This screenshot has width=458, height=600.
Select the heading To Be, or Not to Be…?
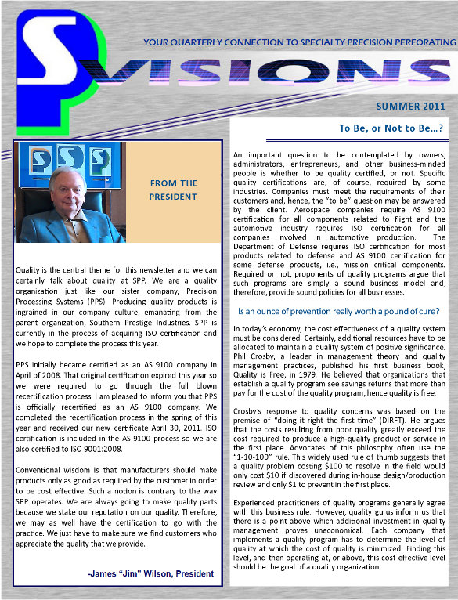(391, 128)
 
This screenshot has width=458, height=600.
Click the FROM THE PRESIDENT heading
(173, 190)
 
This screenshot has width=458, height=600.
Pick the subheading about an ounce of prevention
(338, 311)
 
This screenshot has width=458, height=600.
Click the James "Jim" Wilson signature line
(150, 574)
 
